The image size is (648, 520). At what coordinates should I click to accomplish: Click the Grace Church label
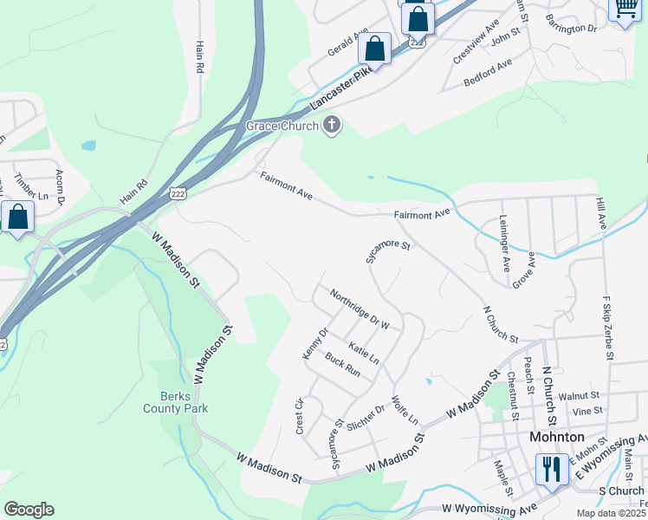click(282, 127)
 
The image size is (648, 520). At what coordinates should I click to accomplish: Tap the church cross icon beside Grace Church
click(331, 127)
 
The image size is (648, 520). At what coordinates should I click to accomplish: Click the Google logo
click(29, 510)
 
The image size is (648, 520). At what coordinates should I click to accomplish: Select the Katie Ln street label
click(364, 352)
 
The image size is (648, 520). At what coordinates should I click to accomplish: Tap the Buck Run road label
click(342, 364)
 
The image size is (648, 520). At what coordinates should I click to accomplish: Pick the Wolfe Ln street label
click(405, 411)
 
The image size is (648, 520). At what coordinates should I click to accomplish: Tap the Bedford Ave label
click(488, 75)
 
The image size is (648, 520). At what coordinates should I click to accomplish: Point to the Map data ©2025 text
click(611, 513)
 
